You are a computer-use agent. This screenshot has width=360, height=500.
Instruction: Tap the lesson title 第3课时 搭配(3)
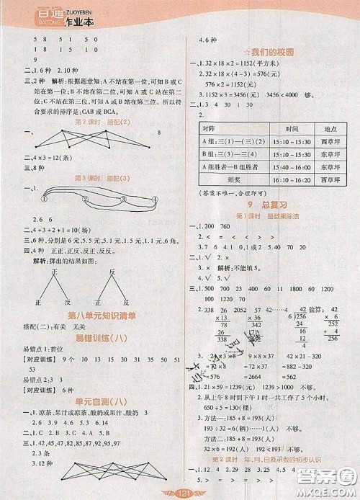96,178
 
